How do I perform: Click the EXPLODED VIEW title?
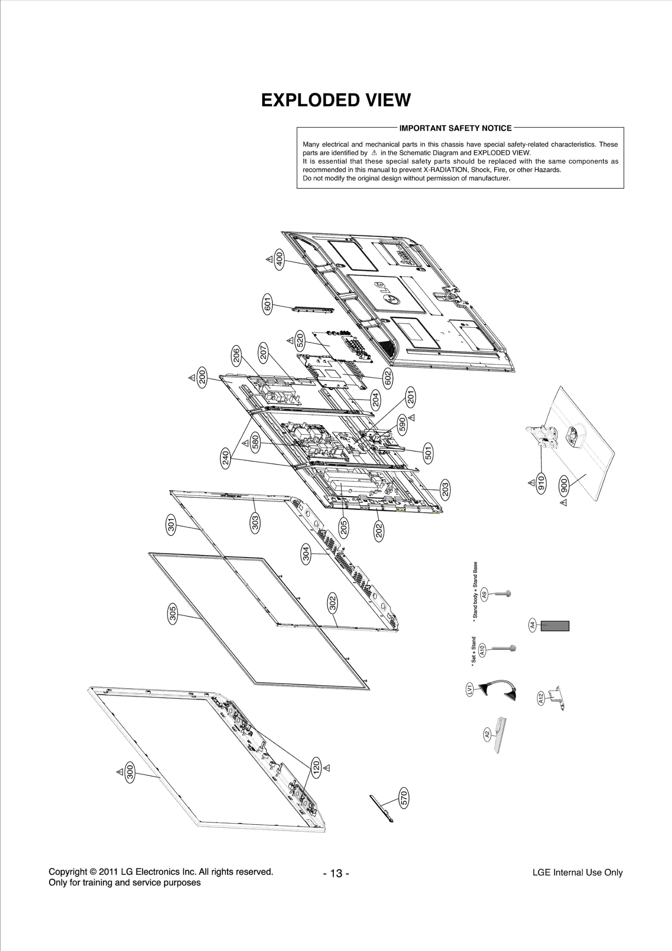click(336, 100)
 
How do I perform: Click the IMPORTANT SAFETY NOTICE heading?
click(455, 128)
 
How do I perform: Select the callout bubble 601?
click(268, 304)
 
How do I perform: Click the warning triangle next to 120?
click(327, 768)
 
